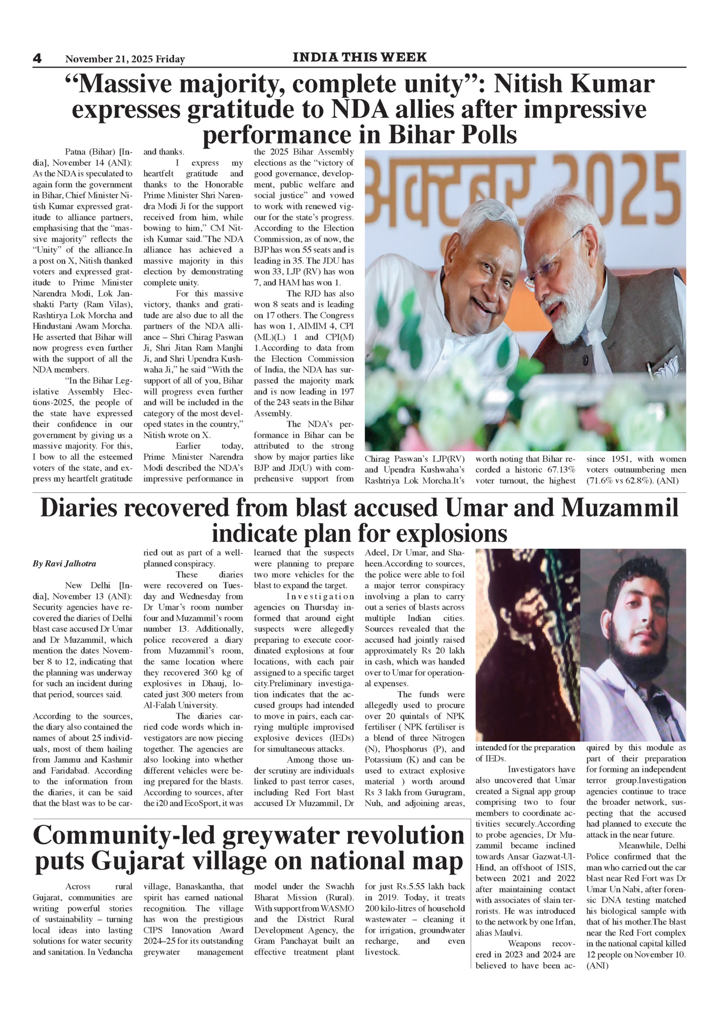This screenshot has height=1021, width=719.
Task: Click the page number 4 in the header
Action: coord(37,58)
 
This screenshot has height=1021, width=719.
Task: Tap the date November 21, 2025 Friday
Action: coord(125,59)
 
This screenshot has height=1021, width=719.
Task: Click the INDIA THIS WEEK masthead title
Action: coord(359,57)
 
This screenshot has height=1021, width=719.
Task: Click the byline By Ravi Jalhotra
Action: coord(64,564)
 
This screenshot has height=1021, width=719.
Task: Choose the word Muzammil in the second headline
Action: coord(619,508)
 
